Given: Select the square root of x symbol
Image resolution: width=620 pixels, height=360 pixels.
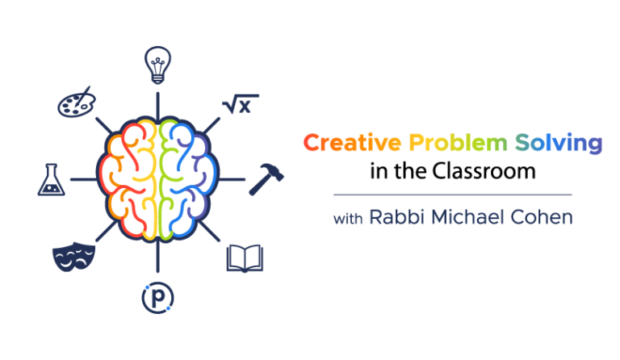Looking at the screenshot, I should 239,105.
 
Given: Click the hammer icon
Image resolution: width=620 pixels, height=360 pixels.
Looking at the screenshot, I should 264,178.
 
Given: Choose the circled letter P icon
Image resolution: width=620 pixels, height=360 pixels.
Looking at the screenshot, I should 158,298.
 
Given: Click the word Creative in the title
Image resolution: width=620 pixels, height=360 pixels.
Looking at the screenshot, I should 353,144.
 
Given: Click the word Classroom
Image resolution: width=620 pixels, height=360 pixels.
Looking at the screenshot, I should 482,172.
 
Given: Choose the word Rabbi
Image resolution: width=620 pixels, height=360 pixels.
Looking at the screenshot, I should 393,217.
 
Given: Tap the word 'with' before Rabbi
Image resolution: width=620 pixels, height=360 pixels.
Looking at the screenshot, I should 348,218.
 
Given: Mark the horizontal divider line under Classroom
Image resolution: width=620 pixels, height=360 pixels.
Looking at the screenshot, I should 452,195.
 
